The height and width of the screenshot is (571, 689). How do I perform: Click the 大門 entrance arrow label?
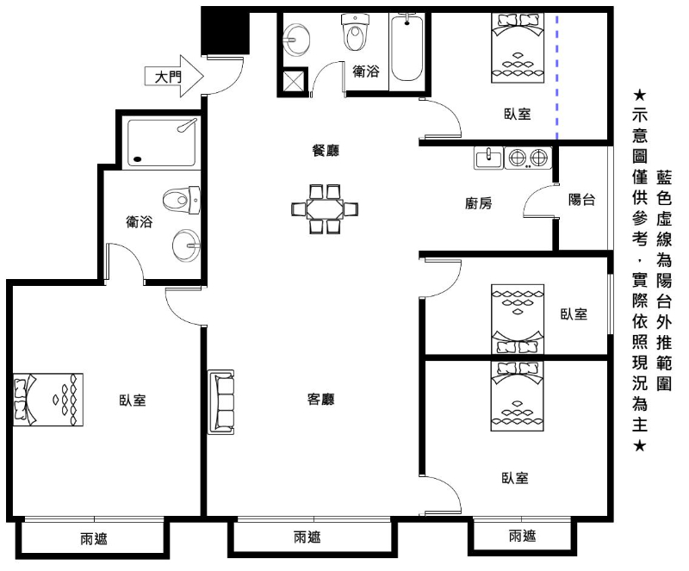[x=168, y=78]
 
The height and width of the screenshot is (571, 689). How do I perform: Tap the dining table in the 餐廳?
[x=325, y=208]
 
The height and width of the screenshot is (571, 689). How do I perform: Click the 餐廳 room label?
[x=326, y=151]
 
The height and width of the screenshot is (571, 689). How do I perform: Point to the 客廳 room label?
[x=320, y=399]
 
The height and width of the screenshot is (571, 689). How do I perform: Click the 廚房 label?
[x=479, y=203]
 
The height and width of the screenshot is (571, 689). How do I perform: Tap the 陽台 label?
[x=582, y=200]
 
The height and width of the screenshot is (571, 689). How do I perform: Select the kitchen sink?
[x=488, y=158]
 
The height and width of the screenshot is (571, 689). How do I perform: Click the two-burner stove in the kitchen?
[x=528, y=158]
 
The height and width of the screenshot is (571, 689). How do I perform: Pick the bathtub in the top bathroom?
[x=407, y=47]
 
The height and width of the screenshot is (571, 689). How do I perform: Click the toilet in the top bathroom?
[x=355, y=32]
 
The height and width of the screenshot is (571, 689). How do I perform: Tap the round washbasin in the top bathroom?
[x=296, y=40]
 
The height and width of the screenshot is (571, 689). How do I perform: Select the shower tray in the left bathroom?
[x=161, y=142]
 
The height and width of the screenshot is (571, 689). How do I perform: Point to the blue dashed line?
[x=557, y=78]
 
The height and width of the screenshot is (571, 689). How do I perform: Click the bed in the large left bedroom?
[x=48, y=400]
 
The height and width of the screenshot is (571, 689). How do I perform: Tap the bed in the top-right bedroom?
[x=518, y=47]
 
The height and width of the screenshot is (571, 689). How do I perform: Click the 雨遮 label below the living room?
[x=307, y=537]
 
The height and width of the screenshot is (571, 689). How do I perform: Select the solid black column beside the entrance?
[x=225, y=33]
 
